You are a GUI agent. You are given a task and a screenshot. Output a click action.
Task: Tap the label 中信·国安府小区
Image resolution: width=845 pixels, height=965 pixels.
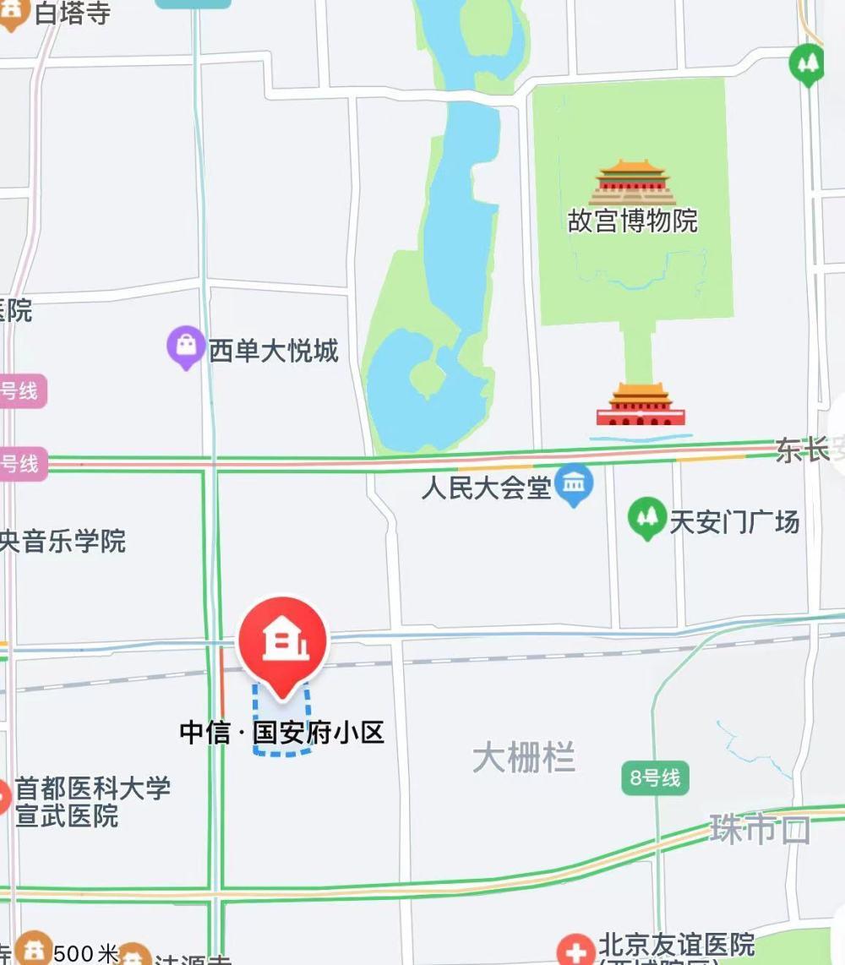pos(282,732)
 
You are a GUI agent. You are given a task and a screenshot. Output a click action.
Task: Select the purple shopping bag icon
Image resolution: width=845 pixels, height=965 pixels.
pos(186,346)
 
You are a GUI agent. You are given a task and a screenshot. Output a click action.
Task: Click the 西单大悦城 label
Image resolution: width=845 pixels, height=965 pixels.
pos(274,351)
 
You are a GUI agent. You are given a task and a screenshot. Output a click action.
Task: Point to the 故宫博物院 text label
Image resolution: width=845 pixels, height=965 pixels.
pos(633,221)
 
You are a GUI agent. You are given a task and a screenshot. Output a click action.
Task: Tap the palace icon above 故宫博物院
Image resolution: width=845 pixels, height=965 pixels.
pos(633,182)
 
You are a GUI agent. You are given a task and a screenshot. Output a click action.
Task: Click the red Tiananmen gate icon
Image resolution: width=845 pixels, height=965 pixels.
pos(641,405)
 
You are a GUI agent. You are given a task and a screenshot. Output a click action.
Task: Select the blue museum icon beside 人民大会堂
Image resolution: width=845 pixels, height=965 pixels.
pos(575,485)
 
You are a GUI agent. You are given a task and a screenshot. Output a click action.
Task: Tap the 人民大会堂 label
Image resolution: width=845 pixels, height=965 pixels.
pos(487,488)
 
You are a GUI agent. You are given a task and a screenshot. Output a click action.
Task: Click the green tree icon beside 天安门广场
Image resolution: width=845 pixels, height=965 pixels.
pos(647,517)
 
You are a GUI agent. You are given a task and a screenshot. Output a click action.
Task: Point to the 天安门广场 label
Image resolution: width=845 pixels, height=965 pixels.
pos(734,522)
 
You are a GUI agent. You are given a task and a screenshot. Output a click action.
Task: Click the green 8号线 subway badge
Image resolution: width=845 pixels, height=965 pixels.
pos(655,778)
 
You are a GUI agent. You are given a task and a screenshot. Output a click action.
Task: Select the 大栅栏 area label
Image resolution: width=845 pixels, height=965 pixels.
pos(524,757)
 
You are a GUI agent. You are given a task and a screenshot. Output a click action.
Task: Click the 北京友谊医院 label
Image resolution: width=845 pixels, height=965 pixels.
pos(677,943)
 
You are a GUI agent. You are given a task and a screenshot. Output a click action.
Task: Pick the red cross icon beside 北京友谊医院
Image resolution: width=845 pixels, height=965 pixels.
pos(576,951)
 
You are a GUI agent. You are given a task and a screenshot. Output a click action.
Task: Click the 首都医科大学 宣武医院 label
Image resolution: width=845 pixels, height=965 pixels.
pos(93,802)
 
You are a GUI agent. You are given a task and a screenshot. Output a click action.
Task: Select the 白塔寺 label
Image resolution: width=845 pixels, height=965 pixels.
pos(73,13)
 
